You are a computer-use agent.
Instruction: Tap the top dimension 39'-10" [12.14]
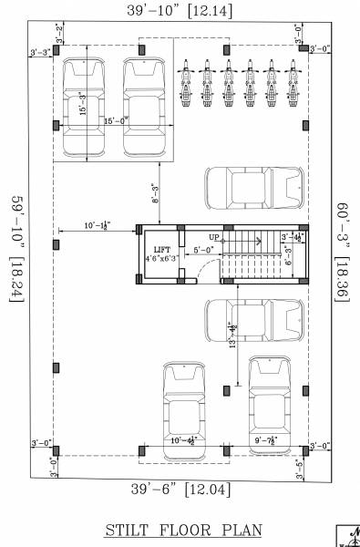pyautogui.click(x=180, y=10)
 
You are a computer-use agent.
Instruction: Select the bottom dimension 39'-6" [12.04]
pyautogui.click(x=180, y=489)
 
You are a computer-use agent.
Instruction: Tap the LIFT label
pyautogui.click(x=162, y=249)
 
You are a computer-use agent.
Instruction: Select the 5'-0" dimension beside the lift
pyautogui.click(x=202, y=249)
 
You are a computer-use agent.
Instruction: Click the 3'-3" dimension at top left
pyautogui.click(x=39, y=53)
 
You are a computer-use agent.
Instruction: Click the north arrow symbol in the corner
pyautogui.click(x=350, y=536)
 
